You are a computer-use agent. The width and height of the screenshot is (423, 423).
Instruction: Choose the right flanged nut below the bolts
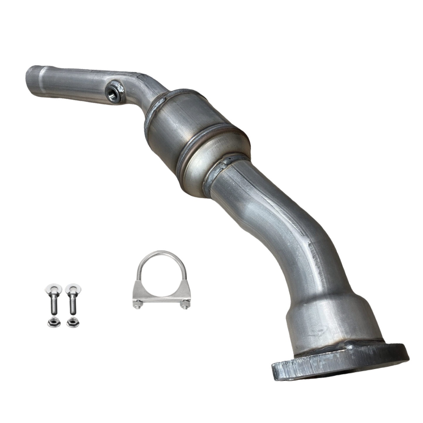71,323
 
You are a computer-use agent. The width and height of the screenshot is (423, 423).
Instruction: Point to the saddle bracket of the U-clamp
160,296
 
